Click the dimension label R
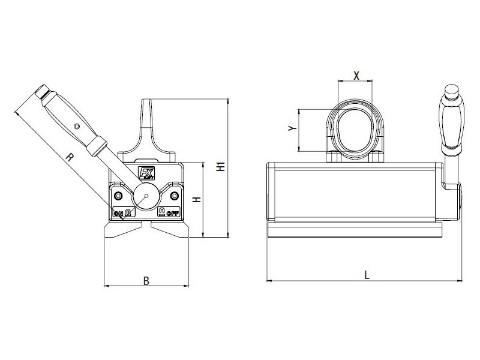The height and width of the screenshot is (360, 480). pyautogui.click(x=70, y=158)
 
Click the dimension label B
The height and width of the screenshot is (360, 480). pyautogui.click(x=146, y=280)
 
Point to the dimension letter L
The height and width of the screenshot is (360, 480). pyautogui.click(x=367, y=275)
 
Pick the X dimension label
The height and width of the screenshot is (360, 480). pyautogui.click(x=356, y=75)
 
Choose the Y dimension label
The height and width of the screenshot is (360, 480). pyautogui.click(x=291, y=129)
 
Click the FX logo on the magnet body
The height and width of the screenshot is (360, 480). pyautogui.click(x=146, y=173)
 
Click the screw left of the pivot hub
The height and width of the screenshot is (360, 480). pyautogui.click(x=118, y=196)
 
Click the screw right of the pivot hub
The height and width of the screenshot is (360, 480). pyautogui.click(x=174, y=196)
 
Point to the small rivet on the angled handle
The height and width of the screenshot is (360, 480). pyautogui.click(x=76, y=126)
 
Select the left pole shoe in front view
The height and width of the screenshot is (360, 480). pyautogui.click(x=123, y=230)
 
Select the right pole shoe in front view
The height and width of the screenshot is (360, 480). pyautogui.click(x=170, y=230)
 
